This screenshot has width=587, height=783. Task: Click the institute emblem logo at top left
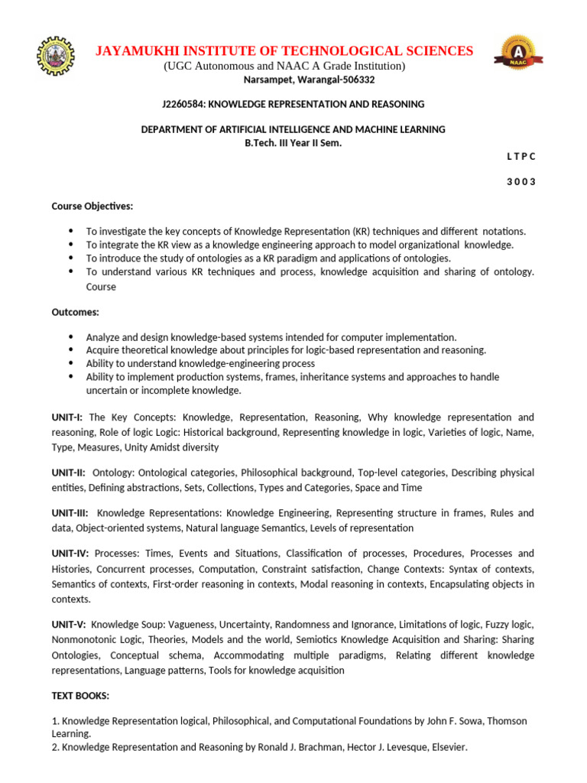(x=58, y=56)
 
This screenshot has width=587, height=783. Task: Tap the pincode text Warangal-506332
(x=340, y=80)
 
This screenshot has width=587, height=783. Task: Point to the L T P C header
(x=521, y=156)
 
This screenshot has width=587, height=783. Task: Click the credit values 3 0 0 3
(x=521, y=181)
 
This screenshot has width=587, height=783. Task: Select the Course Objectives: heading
(x=92, y=206)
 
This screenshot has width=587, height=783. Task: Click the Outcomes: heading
(x=75, y=312)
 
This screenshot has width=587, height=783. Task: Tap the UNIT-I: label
(x=68, y=417)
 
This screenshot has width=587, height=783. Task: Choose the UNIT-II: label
(x=69, y=473)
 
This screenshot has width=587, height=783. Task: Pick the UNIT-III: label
(x=70, y=513)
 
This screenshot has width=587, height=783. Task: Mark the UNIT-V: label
(x=69, y=624)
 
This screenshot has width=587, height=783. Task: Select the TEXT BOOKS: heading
(x=80, y=696)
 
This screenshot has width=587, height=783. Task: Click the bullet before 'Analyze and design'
(x=71, y=337)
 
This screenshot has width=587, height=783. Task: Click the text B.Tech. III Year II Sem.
(x=293, y=143)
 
